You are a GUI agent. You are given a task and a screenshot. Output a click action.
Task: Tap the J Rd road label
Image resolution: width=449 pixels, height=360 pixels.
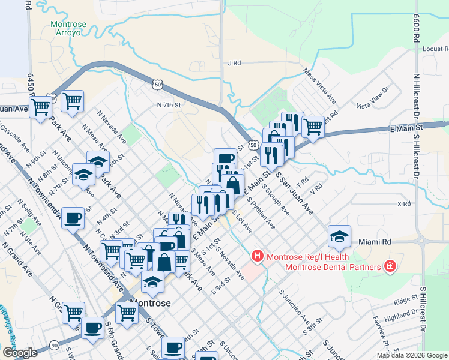[234, 62]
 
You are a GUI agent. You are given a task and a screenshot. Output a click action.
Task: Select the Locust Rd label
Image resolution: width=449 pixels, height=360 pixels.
[436, 49]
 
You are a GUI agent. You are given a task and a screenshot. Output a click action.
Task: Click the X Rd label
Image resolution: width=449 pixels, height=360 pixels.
[404, 204]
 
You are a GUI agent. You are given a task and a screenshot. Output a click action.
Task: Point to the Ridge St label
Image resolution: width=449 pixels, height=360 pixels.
[405, 298]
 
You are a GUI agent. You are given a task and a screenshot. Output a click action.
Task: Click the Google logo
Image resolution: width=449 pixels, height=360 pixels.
[20, 353]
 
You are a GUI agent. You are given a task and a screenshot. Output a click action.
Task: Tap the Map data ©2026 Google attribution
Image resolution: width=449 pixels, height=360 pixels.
[411, 355]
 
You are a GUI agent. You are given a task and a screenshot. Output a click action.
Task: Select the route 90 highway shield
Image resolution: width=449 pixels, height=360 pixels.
[54, 345]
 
